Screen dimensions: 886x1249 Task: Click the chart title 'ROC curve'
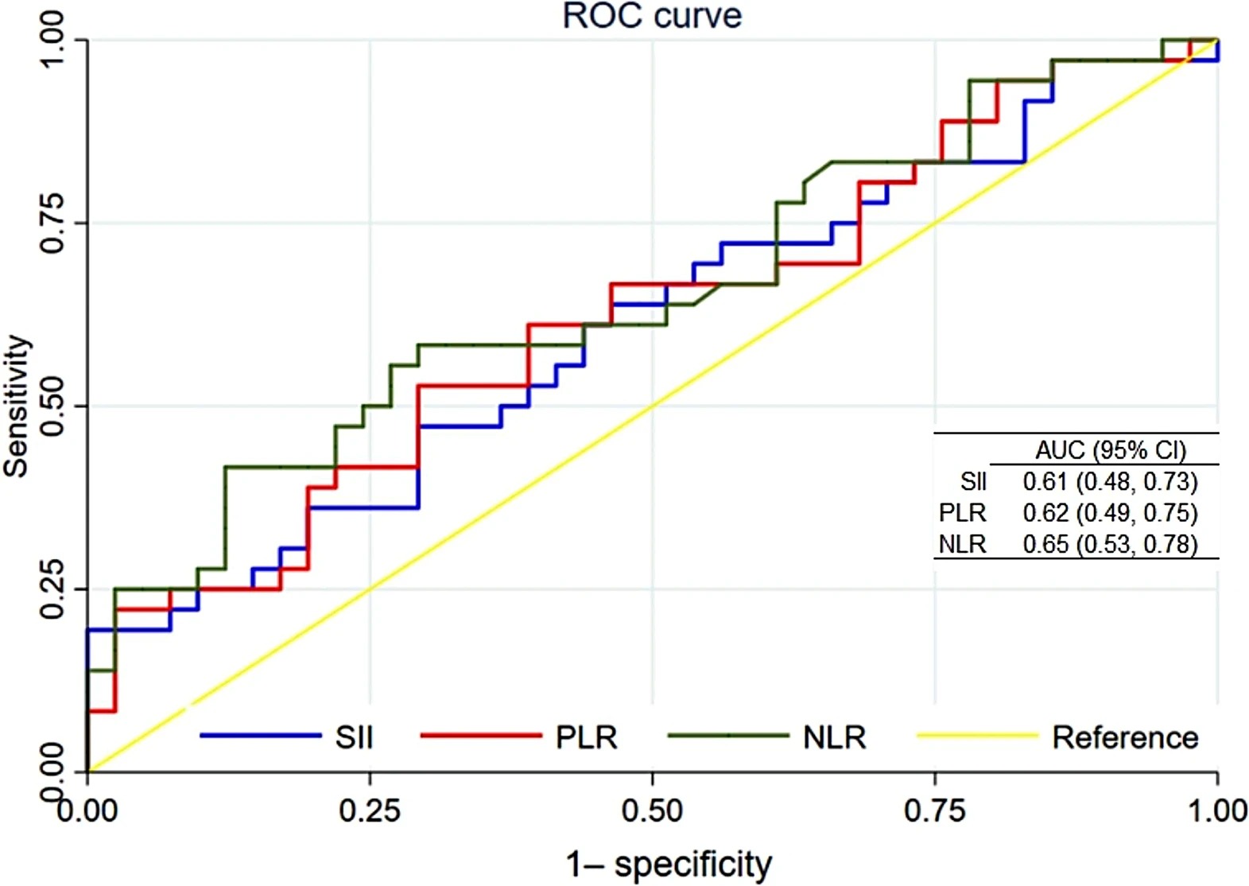coord(652,16)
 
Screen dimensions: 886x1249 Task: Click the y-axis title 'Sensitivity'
coord(17,406)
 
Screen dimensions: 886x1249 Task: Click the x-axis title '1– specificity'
coord(669,864)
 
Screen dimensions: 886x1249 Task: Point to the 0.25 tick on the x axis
coord(370,811)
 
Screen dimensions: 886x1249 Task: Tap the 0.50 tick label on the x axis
coord(652,811)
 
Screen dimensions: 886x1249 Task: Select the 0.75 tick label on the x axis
coord(935,811)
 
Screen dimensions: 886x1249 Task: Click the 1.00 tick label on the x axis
coord(1217,811)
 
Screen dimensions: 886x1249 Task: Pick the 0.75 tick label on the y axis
coord(53,223)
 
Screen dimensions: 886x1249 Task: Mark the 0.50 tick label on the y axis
coord(53,406)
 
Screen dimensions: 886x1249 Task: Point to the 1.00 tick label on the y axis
coord(53,40)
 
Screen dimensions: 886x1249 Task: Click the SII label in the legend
coord(354,737)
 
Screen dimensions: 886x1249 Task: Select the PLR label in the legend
coord(586,737)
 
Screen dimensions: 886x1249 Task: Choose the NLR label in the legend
coord(834,737)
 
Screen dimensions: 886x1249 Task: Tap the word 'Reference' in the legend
coord(1125,737)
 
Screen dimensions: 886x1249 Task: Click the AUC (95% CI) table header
coord(1110,450)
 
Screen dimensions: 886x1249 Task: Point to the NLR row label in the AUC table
coord(962,544)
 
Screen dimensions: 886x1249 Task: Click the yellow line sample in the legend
coord(977,736)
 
